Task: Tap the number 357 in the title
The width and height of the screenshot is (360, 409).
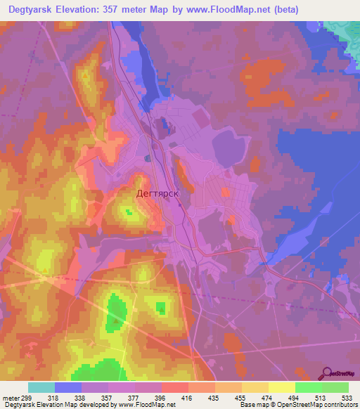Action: point(127,10)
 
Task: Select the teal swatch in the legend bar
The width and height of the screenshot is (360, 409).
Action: point(41,387)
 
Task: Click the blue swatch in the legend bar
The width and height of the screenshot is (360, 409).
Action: point(68,387)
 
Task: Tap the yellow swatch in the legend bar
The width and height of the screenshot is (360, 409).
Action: point(281,387)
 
